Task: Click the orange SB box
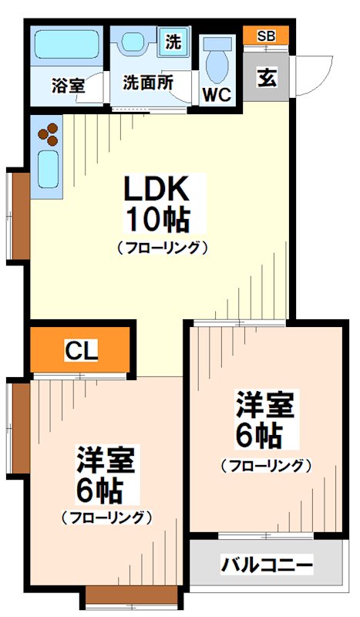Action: (x=266, y=35)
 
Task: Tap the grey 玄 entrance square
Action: (x=267, y=78)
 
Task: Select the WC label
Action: (x=217, y=96)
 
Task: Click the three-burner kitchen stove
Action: (x=48, y=134)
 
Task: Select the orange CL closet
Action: (x=80, y=352)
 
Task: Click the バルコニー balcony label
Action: (x=267, y=565)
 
